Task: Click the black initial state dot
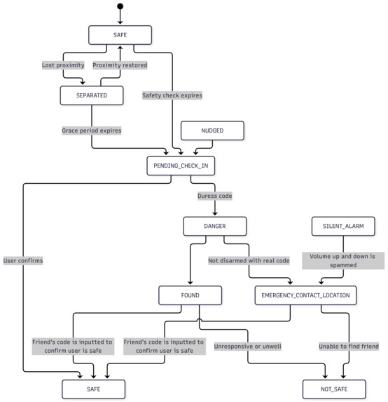pyautogui.click(x=120, y=6)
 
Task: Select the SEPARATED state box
pyautogui.click(x=92, y=95)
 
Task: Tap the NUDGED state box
pyautogui.click(x=212, y=130)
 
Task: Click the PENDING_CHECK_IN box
pyautogui.click(x=181, y=166)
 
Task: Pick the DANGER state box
pyautogui.click(x=215, y=226)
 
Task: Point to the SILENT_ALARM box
pyautogui.click(x=343, y=226)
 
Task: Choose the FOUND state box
pyautogui.click(x=190, y=295)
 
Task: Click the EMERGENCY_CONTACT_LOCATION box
pyautogui.click(x=305, y=295)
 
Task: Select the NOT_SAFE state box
pyautogui.click(x=334, y=389)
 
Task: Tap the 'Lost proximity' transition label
pyautogui.click(x=63, y=65)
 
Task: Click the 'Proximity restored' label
pyautogui.click(x=120, y=65)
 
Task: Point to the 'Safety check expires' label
pyautogui.click(x=172, y=95)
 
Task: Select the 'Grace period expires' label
pyautogui.click(x=92, y=130)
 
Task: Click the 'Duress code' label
pyautogui.click(x=215, y=196)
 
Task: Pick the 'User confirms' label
pyautogui.click(x=23, y=260)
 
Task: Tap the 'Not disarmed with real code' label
pyautogui.click(x=249, y=260)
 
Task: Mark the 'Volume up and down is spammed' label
pyautogui.click(x=343, y=260)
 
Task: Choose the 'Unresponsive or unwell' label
pyautogui.click(x=248, y=347)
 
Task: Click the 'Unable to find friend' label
pyautogui.click(x=349, y=347)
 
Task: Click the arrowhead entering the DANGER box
pyautogui.click(x=215, y=213)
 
